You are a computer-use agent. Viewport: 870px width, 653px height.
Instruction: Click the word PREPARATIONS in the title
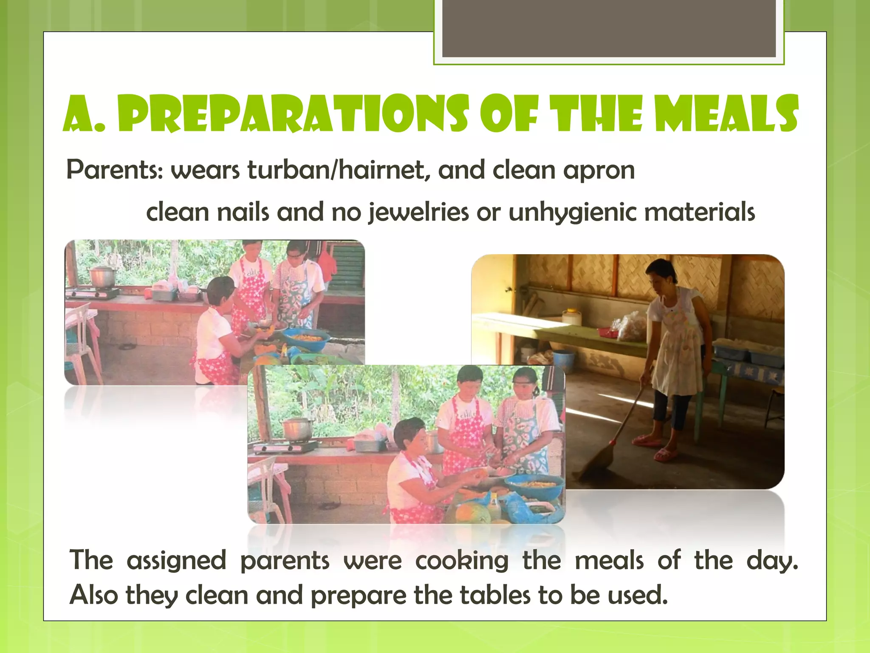293,114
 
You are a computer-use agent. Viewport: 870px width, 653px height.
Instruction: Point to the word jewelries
419,213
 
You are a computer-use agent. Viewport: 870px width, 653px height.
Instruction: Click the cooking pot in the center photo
297,429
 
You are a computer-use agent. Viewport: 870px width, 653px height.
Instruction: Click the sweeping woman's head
661,274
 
